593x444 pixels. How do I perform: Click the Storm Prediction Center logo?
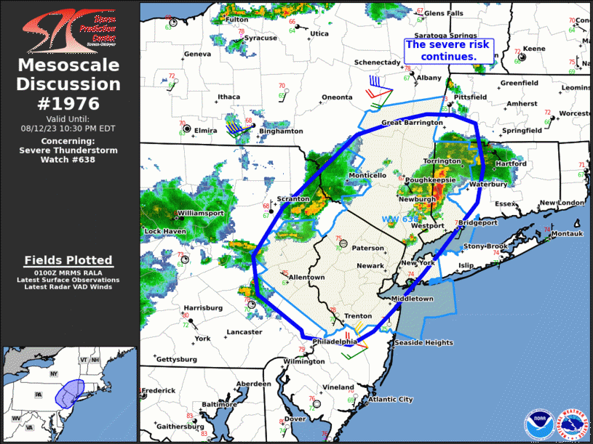(x=69, y=30)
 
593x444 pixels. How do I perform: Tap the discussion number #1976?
(x=69, y=102)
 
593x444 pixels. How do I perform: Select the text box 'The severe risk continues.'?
(x=449, y=50)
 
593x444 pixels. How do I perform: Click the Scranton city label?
(x=293, y=198)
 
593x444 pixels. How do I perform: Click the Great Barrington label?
(x=411, y=123)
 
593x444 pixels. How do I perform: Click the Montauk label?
(x=566, y=234)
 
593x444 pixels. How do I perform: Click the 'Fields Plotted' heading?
(x=68, y=259)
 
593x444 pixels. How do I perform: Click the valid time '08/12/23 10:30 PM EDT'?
(x=69, y=128)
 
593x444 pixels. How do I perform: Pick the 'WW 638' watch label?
(x=399, y=219)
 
